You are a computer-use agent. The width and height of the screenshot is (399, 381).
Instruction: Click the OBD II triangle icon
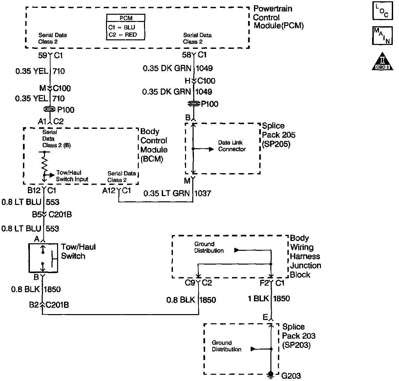(x=382, y=61)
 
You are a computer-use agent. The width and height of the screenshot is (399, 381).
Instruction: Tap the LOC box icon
(x=382, y=11)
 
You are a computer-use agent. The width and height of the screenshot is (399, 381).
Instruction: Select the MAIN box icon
(x=382, y=35)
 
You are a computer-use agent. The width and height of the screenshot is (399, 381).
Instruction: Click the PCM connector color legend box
(x=126, y=27)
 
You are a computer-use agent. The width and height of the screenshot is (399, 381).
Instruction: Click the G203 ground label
(x=292, y=375)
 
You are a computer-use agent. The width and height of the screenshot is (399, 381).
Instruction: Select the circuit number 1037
(x=202, y=193)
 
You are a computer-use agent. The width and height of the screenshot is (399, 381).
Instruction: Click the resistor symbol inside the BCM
(x=44, y=163)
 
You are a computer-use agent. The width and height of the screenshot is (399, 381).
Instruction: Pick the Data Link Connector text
(x=232, y=146)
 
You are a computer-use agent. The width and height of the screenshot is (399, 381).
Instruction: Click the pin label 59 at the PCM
(x=43, y=55)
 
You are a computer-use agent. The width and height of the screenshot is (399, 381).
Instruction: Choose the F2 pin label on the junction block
(x=264, y=283)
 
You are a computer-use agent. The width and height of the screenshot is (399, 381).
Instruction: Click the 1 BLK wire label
(x=258, y=298)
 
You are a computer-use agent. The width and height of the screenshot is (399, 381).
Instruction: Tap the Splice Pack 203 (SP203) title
(x=298, y=336)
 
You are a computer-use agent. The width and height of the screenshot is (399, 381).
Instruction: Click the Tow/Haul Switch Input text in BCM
(x=72, y=176)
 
